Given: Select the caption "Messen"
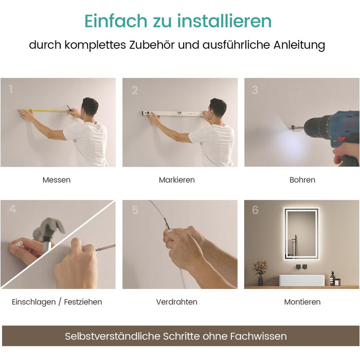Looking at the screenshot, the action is (x=57, y=180).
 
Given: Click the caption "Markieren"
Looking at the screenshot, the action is (x=176, y=180).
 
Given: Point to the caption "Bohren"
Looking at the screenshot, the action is (x=302, y=180).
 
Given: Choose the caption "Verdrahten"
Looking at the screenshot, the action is (x=176, y=302).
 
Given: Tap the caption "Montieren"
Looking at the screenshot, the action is (x=302, y=302).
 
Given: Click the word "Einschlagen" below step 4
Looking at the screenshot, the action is (x=34, y=302).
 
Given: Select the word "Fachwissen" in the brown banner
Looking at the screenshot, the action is (x=258, y=336).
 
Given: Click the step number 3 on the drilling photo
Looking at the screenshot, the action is (x=255, y=90).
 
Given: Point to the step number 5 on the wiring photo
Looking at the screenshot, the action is (x=135, y=210).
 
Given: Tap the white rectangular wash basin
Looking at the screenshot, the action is (x=302, y=280).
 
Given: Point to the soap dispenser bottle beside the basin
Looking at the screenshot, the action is (x=332, y=278).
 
